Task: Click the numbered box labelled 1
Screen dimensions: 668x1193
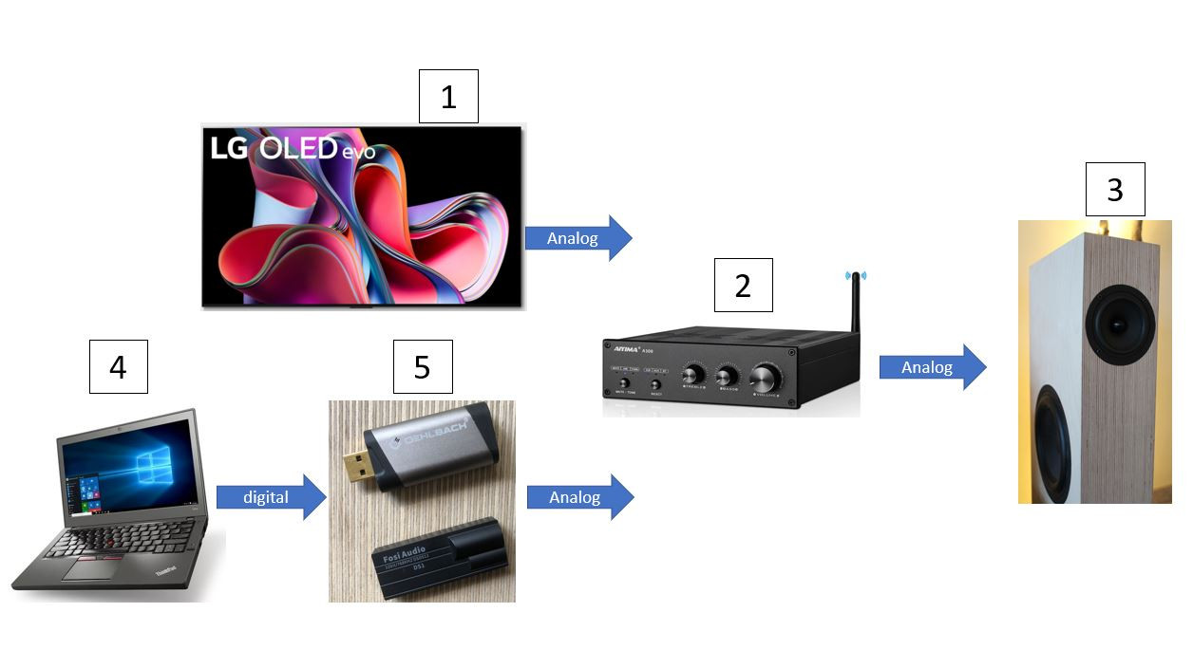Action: click(448, 97)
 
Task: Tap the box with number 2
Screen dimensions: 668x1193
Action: click(743, 285)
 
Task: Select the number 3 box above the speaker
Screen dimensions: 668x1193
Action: click(1115, 189)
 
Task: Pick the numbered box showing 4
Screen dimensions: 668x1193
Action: click(118, 366)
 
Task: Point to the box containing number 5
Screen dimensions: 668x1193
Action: click(423, 366)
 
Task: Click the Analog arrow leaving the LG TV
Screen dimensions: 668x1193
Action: click(578, 238)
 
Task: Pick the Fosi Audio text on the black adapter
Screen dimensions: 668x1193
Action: click(403, 556)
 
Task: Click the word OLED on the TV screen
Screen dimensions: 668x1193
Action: click(299, 148)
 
